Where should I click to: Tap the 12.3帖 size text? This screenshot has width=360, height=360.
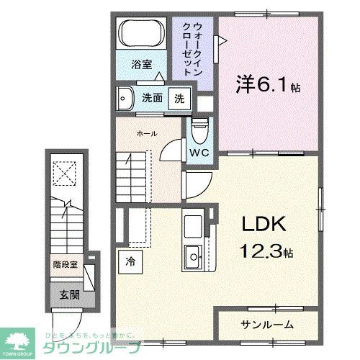(x=267, y=253)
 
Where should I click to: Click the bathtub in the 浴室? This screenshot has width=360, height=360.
(x=143, y=33)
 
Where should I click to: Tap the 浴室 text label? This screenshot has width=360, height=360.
(x=141, y=64)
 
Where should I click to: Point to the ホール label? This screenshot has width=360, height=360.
(x=146, y=133)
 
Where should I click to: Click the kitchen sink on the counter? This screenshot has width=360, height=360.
(x=193, y=254)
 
